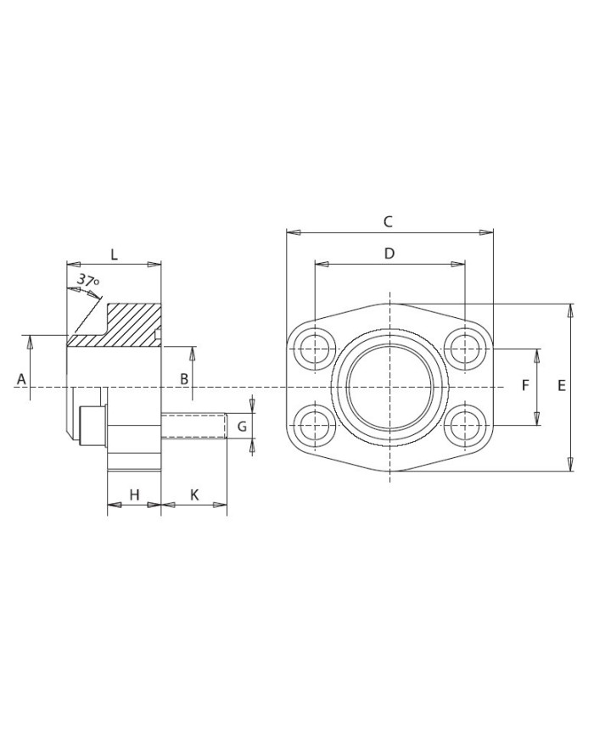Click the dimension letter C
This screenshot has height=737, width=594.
[x=388, y=222]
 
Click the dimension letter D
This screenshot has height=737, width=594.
[x=389, y=254]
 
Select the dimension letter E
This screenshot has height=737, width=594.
[x=561, y=385]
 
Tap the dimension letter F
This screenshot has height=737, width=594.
[x=525, y=385]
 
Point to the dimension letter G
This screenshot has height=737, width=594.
[x=241, y=426]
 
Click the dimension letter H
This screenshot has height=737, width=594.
[x=133, y=494]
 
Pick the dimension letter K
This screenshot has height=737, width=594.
[x=194, y=494]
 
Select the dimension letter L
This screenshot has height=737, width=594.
[x=114, y=254]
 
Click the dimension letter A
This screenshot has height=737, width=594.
[x=22, y=378]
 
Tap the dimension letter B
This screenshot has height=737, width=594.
[x=183, y=378]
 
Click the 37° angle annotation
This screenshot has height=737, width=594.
[x=87, y=281]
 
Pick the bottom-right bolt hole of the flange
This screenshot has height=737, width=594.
[x=465, y=424]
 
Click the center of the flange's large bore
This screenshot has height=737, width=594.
[x=389, y=386]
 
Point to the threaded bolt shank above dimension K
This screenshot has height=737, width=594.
[x=193, y=426]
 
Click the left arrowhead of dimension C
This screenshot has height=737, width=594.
[x=292, y=232]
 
